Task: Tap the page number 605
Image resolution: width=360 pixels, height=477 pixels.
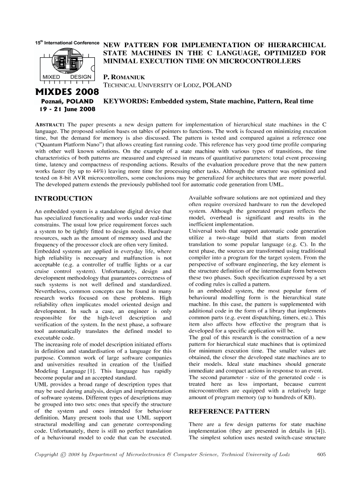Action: (322, 454)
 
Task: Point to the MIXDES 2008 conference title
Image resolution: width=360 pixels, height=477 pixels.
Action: (66, 91)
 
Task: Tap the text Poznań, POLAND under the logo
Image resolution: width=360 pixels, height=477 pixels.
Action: (65, 101)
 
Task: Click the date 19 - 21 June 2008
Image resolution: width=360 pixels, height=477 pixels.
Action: (65, 110)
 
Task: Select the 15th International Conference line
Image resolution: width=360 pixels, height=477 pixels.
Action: (67, 42)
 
